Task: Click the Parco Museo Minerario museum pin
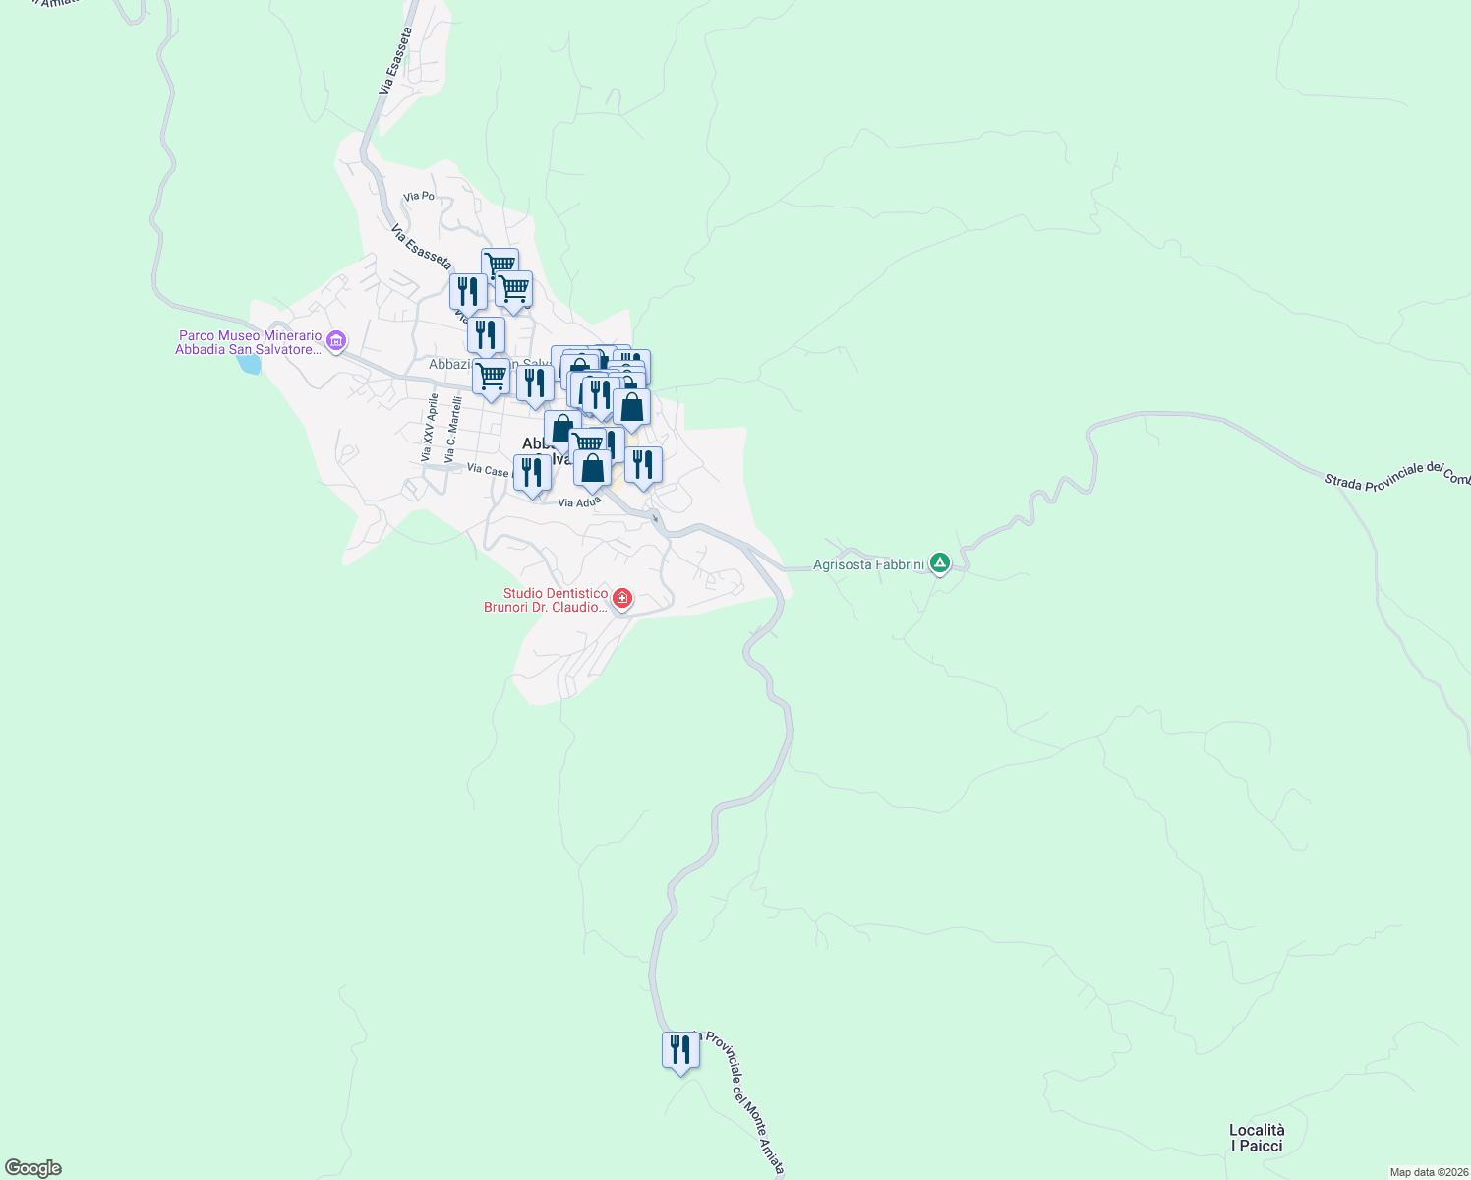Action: [x=336, y=341]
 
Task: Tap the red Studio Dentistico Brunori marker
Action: [x=621, y=599]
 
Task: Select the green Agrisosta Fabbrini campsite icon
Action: [x=940, y=563]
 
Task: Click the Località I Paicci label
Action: [x=1257, y=1138]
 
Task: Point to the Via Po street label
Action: [x=419, y=196]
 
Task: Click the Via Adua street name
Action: [x=578, y=502]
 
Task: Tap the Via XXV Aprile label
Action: [x=429, y=428]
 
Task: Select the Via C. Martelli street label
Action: [x=452, y=430]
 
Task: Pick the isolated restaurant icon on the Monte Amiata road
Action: [x=680, y=1050]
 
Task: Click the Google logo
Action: [x=33, y=1168]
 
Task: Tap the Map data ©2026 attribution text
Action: [x=1428, y=1172]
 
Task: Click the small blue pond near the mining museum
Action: [x=249, y=364]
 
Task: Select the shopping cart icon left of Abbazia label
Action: [x=491, y=377]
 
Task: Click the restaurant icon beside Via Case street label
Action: [x=532, y=473]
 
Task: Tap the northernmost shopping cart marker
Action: [x=500, y=265]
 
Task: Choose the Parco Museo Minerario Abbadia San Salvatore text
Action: [x=250, y=342]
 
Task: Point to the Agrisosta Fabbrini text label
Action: [x=868, y=565]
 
